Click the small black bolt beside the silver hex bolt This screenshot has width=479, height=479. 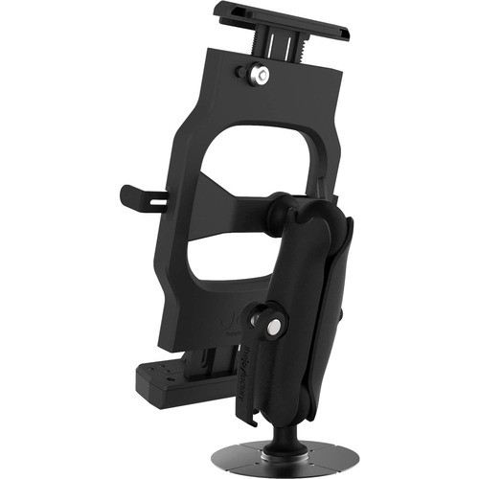(x=239, y=72)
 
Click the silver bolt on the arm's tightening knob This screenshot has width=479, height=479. (x=274, y=327)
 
